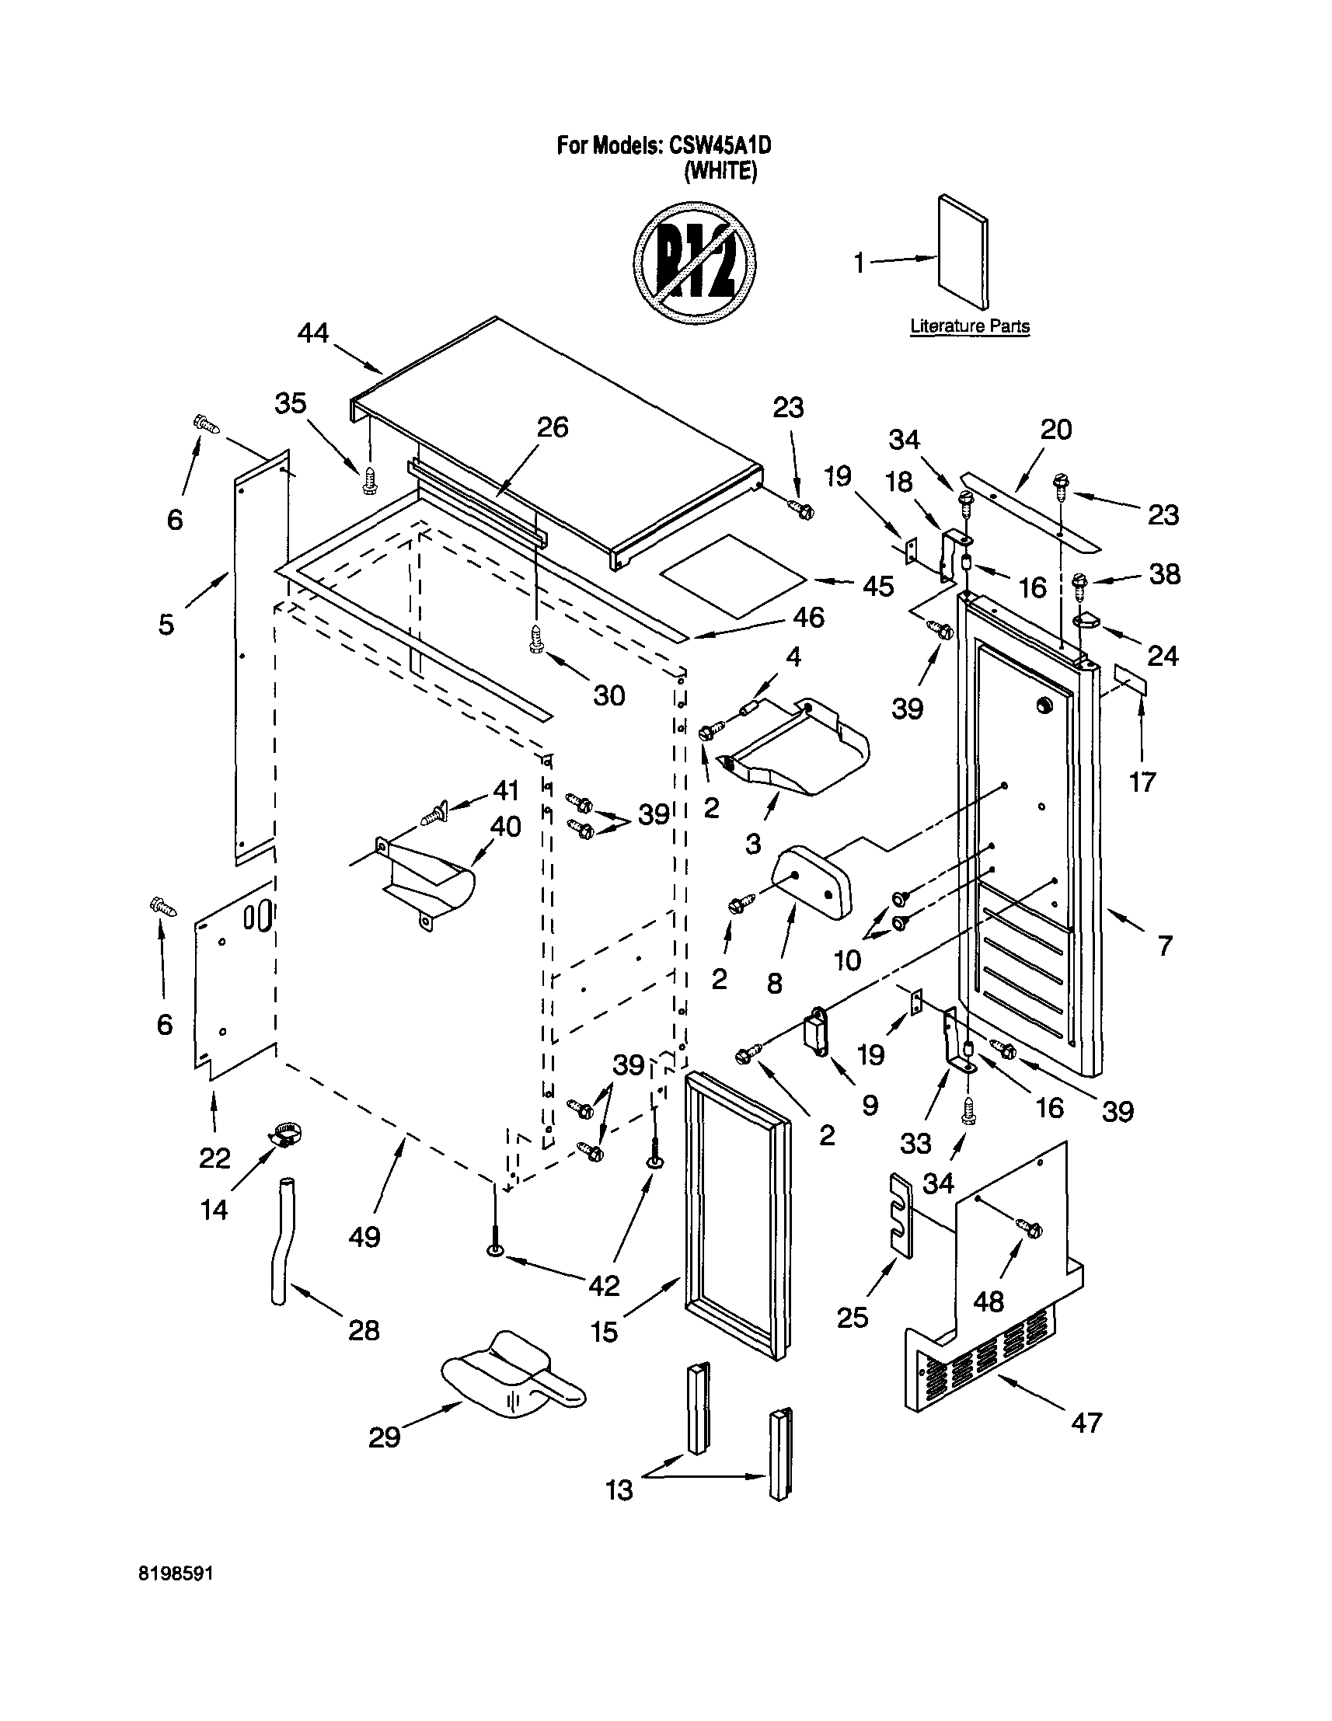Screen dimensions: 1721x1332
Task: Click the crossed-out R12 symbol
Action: pos(696,263)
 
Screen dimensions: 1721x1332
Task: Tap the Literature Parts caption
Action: pos(969,326)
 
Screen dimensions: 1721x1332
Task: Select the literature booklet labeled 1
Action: pos(962,253)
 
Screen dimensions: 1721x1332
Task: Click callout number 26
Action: pos(552,427)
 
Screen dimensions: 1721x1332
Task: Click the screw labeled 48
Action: pos(1030,1228)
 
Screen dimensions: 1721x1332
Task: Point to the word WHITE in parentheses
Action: pos(720,171)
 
